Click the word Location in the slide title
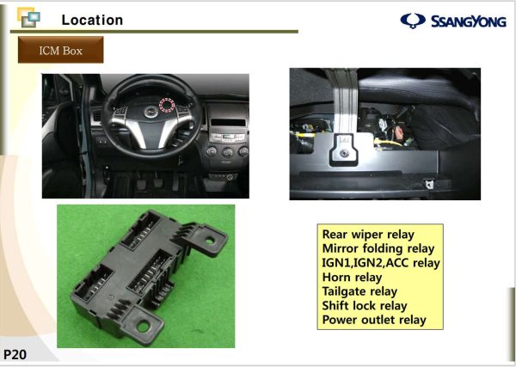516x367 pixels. (92, 20)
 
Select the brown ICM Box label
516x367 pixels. (61, 51)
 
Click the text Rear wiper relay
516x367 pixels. (368, 234)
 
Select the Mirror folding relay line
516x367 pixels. (379, 248)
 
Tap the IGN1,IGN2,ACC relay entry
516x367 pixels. (380, 263)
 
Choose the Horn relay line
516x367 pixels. (352, 278)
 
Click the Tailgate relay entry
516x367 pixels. (359, 291)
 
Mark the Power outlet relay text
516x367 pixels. (374, 321)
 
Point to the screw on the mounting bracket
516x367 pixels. (342, 153)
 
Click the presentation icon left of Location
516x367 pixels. (28, 19)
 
